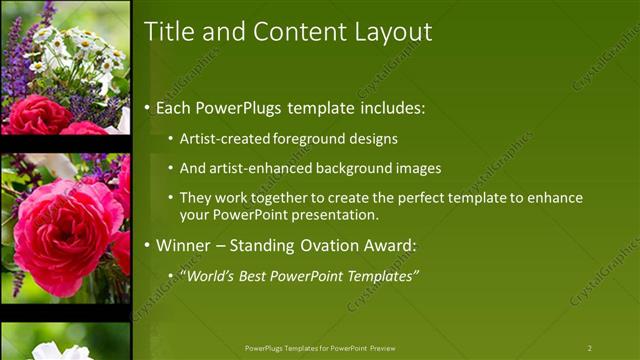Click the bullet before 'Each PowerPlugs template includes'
click(149, 106)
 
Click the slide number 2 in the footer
click(589, 348)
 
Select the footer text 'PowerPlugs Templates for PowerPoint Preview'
click(320, 348)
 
